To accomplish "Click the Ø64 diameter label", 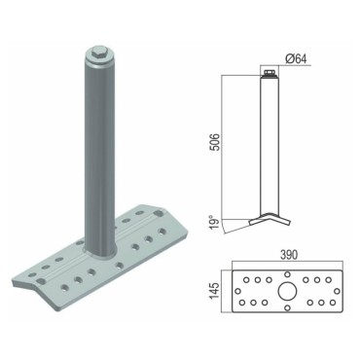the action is pyautogui.click(x=296, y=58).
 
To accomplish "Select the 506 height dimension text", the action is pyautogui.click(x=215, y=142).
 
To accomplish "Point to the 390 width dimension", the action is pyautogui.click(x=288, y=255).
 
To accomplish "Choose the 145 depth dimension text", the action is pyautogui.click(x=215, y=290).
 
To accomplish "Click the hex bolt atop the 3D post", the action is pyautogui.click(x=98, y=52).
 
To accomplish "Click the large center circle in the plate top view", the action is pyautogui.click(x=287, y=291).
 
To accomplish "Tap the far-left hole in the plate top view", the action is pyautogui.click(x=237, y=291).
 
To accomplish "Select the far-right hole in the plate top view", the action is pyautogui.click(x=337, y=291).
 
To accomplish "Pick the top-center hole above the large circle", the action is pyautogui.click(x=287, y=274).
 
